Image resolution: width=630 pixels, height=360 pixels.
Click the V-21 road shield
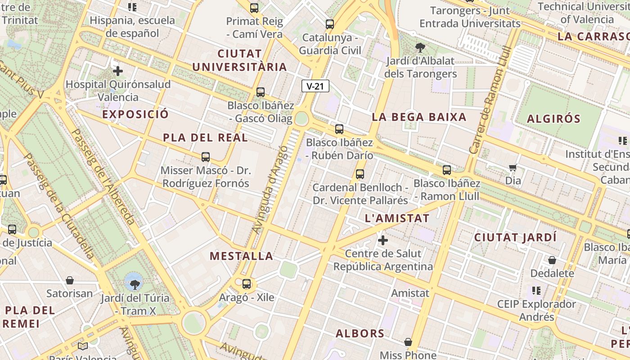tap(315, 86)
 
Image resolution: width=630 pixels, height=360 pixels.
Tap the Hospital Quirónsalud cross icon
tap(118, 71)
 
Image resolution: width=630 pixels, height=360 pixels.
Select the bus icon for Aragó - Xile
tap(246, 284)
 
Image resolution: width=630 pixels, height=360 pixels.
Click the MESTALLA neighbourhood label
tap(242, 256)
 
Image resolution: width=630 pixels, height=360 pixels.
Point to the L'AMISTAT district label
tap(397, 219)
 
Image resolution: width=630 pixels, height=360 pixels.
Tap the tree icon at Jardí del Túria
tap(134, 284)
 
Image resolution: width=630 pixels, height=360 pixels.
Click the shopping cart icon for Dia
tap(513, 168)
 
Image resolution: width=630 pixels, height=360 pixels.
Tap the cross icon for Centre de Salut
tap(383, 240)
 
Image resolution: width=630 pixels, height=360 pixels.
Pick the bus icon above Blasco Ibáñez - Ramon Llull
tap(446, 170)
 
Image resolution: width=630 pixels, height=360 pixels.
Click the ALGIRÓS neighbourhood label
tap(553, 119)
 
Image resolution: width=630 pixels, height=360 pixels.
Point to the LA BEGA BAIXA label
tap(419, 117)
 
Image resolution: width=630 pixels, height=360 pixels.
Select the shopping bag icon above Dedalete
tap(552, 260)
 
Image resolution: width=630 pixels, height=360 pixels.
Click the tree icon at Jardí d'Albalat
tap(420, 47)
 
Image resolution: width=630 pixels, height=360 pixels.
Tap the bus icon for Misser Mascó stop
tap(206, 157)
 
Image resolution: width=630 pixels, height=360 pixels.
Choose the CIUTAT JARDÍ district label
tap(515, 237)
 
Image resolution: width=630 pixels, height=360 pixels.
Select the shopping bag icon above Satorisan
tap(70, 281)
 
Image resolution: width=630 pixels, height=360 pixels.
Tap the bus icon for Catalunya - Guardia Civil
tap(330, 24)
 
